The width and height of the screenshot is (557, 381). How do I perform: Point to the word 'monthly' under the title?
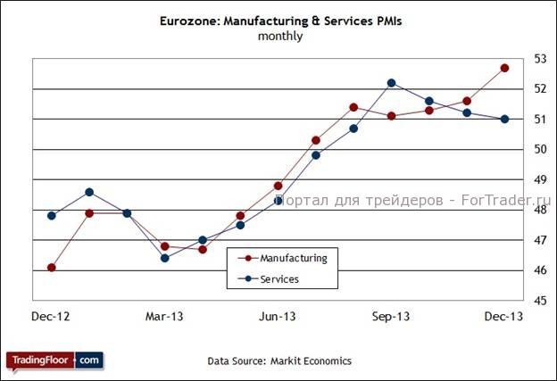pos(279,37)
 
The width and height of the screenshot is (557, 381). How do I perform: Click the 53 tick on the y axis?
pos(539,59)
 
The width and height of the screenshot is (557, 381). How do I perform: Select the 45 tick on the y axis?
pos(539,301)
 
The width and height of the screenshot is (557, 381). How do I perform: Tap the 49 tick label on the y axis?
pos(539,179)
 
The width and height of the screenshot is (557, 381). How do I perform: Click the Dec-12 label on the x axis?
pos(51,317)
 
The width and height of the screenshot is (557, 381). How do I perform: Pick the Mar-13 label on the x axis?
pos(164,317)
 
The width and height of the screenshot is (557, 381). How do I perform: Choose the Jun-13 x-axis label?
pos(278,317)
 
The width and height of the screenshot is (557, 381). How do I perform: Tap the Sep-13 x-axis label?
pos(391,317)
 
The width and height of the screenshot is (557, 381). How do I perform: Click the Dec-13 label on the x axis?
pos(504,317)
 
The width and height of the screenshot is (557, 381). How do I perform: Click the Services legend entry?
pos(279,279)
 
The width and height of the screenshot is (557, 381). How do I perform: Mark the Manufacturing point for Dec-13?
pos(504,68)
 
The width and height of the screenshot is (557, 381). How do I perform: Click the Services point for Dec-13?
pos(504,119)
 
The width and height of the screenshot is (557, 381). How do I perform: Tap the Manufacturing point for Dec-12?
pos(52,267)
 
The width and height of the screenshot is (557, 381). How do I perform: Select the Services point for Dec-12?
pos(52,215)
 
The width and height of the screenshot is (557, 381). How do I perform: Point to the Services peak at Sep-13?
pos(391,83)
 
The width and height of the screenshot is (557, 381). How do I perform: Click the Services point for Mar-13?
pos(165,258)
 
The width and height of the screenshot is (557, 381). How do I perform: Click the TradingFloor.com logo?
pos(54,360)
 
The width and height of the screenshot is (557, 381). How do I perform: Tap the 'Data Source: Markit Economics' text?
pos(279,360)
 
